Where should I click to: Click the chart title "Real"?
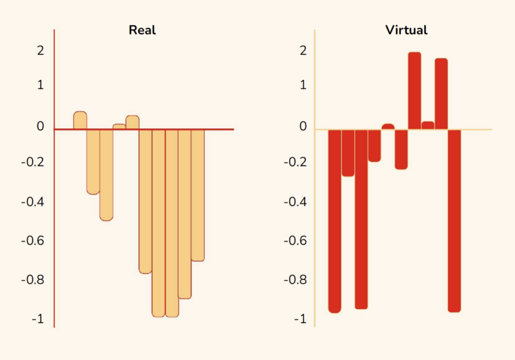click(142, 30)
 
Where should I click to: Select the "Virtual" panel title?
click(406, 30)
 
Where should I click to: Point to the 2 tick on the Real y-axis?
click(41, 50)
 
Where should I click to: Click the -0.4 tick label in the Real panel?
click(32, 202)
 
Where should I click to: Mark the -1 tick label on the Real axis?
click(37, 319)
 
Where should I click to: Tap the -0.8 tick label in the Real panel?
click(32, 280)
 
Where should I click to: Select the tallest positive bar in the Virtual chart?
click(415, 90)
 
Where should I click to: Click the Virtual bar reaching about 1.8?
click(441, 93)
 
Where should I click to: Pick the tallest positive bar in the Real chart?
click(80, 120)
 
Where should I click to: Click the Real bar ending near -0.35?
click(93, 161)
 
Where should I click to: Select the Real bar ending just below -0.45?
click(106, 175)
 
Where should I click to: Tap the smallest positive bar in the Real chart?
click(119, 127)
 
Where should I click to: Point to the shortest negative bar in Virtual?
click(375, 146)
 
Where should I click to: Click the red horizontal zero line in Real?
click(219, 129)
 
